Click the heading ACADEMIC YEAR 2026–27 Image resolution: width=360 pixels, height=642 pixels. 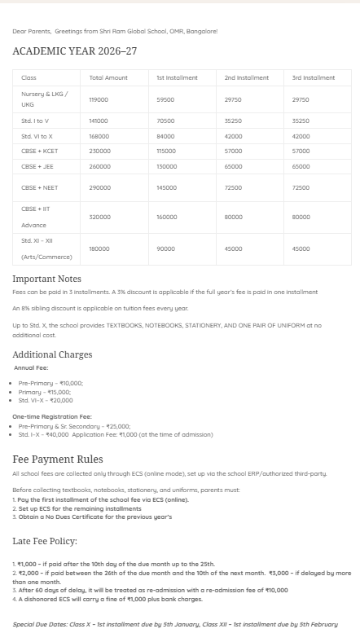click(75, 51)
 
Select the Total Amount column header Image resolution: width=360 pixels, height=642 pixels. click(108, 77)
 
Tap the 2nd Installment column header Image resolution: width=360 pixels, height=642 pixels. click(247, 77)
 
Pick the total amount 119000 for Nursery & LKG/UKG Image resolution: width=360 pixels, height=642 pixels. click(99, 99)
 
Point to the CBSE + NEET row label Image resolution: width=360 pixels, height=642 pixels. click(39, 187)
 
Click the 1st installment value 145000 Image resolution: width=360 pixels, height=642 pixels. click(166, 187)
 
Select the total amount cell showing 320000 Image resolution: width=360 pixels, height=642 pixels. click(99, 218)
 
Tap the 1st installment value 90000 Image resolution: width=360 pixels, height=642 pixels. click(165, 248)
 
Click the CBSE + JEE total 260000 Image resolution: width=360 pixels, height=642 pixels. click(99, 166)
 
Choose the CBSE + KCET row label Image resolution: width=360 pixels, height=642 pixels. click(39, 151)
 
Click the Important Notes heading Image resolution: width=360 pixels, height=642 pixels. click(46, 279)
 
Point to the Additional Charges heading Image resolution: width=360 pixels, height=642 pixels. click(52, 354)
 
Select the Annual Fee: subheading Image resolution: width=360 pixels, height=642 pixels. click(31, 367)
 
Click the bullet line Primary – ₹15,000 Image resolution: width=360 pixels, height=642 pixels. click(45, 392)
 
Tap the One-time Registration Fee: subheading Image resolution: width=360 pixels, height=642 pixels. click(53, 416)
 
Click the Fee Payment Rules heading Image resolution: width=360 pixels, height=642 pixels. click(58, 460)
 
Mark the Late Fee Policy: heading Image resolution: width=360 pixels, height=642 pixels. click(45, 540)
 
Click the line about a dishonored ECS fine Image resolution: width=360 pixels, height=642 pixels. click(108, 599)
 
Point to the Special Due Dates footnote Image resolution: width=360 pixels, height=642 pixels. click(174, 624)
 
